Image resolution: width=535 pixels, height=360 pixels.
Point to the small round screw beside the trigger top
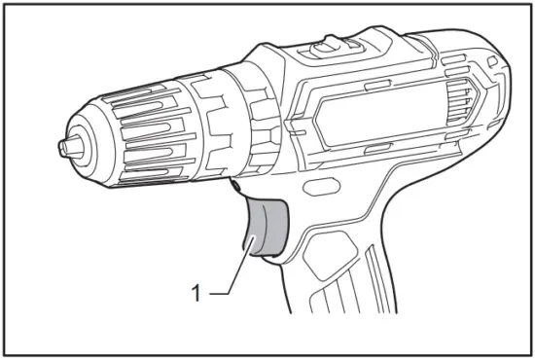pyautogui.click(x=234, y=183)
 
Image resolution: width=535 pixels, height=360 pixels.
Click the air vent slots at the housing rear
pyautogui.click(x=467, y=97)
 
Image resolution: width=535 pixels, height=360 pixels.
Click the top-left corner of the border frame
pyautogui.click(x=5, y=5)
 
